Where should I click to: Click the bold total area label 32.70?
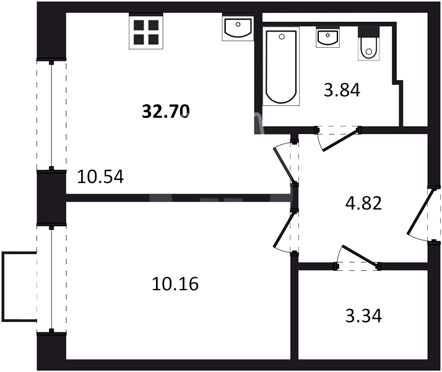pos(166,111)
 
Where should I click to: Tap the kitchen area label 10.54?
pos(100,177)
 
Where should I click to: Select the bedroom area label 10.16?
pos(175,284)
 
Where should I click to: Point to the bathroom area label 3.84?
pos(342,91)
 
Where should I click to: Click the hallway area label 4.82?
pos(363,203)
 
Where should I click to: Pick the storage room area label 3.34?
pos(363,316)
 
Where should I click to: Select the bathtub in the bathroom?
pos(281,66)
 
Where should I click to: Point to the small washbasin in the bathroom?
pos(327,38)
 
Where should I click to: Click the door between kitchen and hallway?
pos(286,163)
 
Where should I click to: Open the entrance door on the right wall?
pos(423,215)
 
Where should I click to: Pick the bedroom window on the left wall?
pos(51,279)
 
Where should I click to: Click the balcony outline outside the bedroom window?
pos(2,286)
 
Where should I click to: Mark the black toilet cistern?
pos(369,31)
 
